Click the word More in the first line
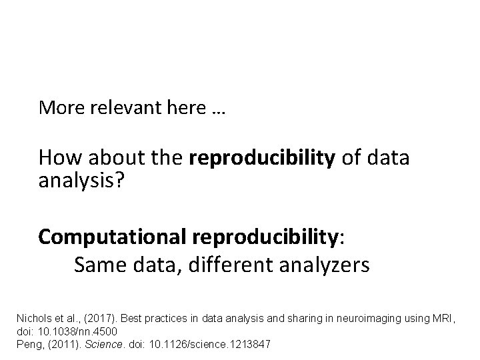59,107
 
